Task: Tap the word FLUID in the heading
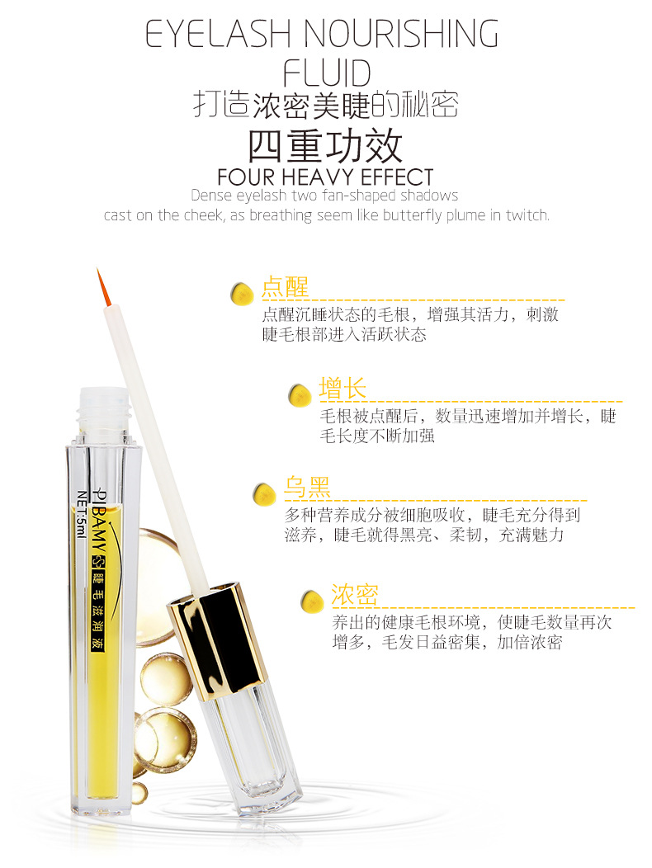[x=326, y=73]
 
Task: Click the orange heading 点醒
[x=285, y=287]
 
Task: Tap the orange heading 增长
[x=343, y=388]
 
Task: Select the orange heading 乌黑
[x=308, y=487]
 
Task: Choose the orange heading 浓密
[x=355, y=595]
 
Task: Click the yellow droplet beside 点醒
[x=242, y=293]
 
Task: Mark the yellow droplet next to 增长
[x=300, y=395]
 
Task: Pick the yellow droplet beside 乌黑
[x=264, y=493]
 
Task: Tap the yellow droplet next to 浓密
[x=313, y=601]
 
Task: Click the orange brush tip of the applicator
[x=103, y=287]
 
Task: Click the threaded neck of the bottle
[x=104, y=409]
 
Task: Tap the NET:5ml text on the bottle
[x=82, y=513]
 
